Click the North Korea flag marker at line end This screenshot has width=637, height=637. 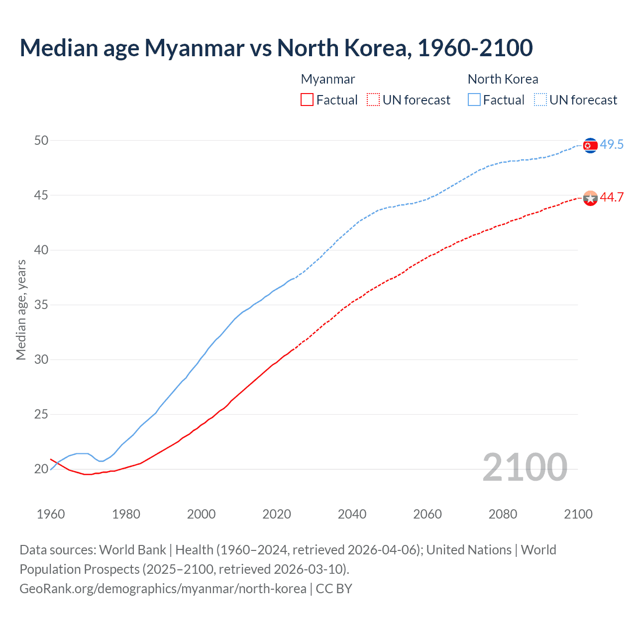point(590,145)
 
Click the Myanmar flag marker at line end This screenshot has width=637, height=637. point(590,198)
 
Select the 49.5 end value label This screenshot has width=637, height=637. point(612,145)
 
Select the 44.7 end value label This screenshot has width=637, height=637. point(612,198)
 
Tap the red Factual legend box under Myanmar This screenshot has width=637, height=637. point(307,100)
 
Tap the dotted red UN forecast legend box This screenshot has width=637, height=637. point(373,100)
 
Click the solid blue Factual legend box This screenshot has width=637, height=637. point(474,100)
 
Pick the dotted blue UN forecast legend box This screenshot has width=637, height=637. point(540,100)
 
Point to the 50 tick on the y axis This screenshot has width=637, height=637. point(41,141)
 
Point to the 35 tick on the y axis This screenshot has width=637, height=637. point(41,305)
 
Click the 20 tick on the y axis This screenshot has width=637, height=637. point(41,469)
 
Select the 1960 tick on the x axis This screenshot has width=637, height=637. point(51,514)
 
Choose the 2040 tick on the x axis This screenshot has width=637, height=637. point(352,514)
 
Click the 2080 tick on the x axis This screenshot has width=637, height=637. point(503,514)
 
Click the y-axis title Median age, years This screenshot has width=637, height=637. point(21,310)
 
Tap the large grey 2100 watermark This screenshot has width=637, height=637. point(525,467)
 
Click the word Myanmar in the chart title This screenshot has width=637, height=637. point(194,48)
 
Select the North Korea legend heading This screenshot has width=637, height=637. point(503,79)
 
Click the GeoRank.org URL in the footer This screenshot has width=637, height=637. point(163,589)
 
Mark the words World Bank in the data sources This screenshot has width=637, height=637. point(132,550)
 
